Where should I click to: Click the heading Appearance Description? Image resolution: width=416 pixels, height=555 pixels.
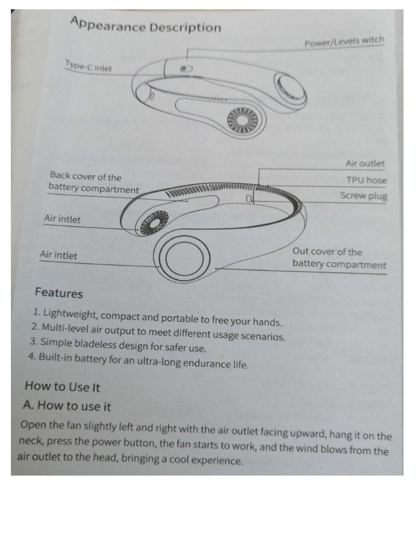coord(146,25)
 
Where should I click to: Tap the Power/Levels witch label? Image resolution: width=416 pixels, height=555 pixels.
coord(344,42)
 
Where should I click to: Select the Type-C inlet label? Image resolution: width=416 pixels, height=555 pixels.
coord(89,67)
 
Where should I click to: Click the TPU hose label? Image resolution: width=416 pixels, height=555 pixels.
coord(367,180)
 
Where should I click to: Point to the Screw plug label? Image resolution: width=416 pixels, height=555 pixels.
coord(363,196)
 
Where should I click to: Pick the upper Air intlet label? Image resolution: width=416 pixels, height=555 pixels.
coord(62,220)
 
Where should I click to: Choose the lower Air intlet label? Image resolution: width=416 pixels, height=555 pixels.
coord(58,255)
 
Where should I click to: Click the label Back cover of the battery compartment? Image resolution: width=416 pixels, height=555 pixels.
coord(93,183)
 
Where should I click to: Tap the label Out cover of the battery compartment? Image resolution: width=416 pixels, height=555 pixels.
coord(339,258)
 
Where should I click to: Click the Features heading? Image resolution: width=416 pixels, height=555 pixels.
coord(58,293)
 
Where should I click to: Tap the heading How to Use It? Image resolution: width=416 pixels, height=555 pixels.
coord(62,386)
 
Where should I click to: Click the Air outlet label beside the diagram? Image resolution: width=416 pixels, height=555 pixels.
coord(365,163)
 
